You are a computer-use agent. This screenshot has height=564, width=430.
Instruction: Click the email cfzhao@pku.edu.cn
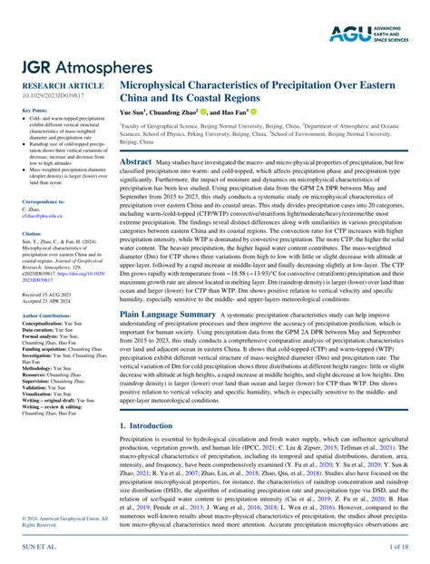pos(36,217)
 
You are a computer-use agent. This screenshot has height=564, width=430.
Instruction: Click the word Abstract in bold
pos(136,160)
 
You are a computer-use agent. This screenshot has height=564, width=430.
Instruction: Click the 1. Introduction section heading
pos(151,424)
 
